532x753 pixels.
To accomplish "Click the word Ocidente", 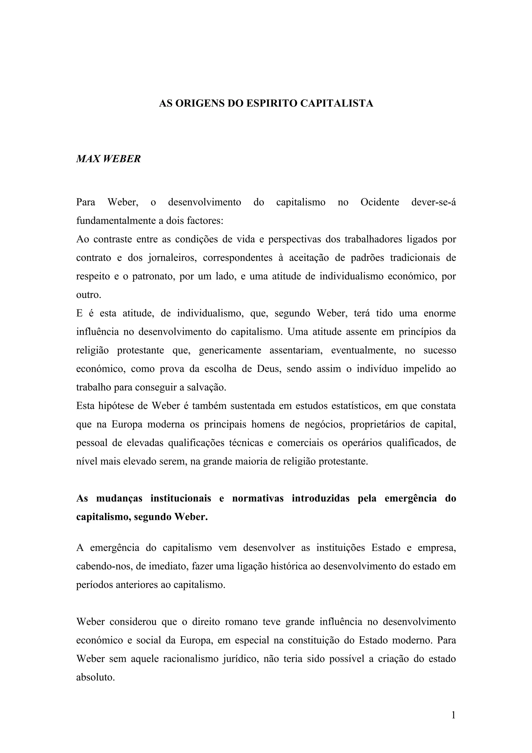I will pos(380,202).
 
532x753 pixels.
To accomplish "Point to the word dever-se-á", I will pos(433,202).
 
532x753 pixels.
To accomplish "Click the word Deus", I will pos(268,369).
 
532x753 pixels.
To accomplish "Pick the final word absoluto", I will pos(95,677).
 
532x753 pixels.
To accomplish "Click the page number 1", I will pos(453,715).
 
